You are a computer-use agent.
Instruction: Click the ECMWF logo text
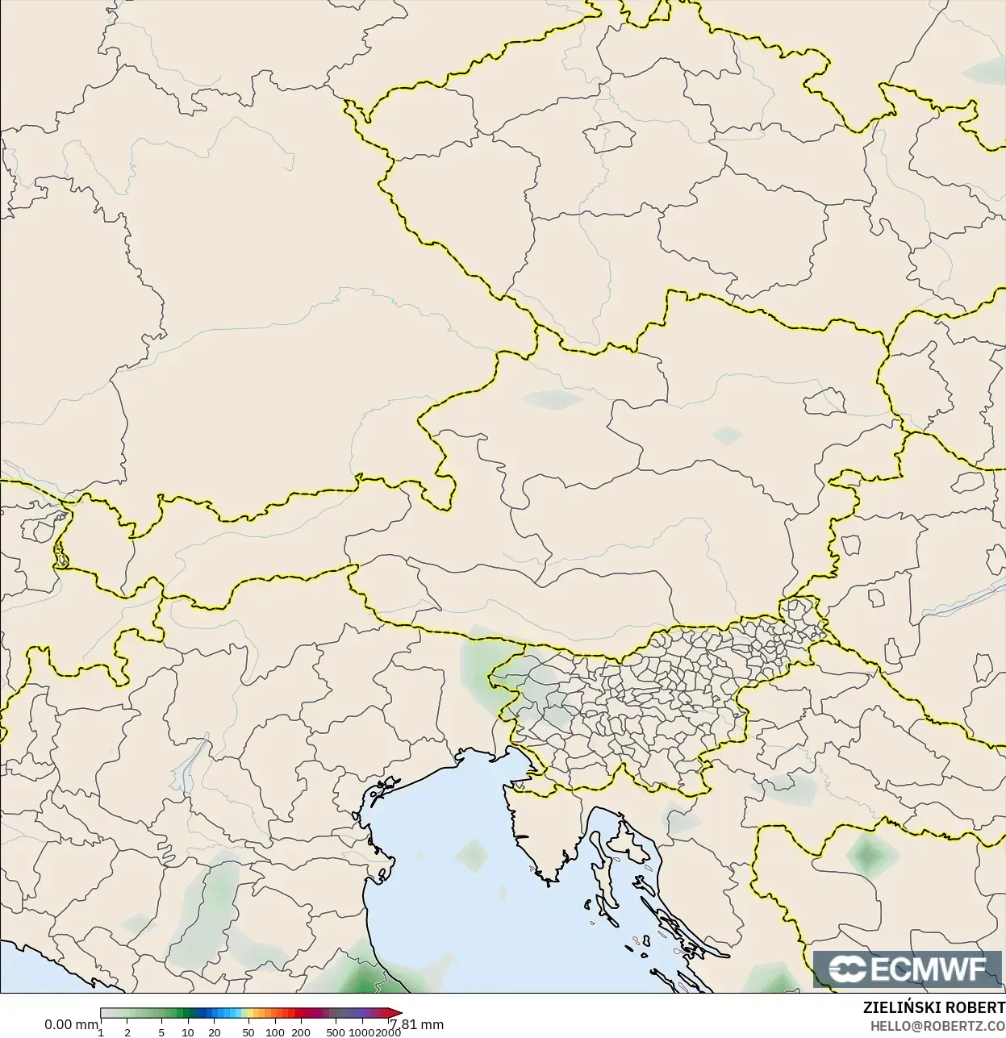pyautogui.click(x=929, y=969)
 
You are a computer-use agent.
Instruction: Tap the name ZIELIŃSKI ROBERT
pyautogui.click(x=933, y=1008)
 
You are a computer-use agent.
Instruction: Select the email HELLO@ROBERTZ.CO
pyautogui.click(x=937, y=1025)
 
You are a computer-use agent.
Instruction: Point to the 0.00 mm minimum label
pyautogui.click(x=71, y=1025)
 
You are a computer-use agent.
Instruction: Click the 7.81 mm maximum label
pyautogui.click(x=417, y=1025)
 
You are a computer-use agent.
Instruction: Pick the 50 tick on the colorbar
pyautogui.click(x=248, y=1032)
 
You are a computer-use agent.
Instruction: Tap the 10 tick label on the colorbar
pyautogui.click(x=187, y=1032)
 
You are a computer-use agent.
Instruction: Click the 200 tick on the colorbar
pyautogui.click(x=301, y=1032)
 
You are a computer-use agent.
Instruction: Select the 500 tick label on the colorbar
pyautogui.click(x=336, y=1032)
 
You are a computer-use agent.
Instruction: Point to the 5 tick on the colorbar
pyautogui.click(x=161, y=1032)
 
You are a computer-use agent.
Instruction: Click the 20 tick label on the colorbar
pyautogui.click(x=215, y=1032)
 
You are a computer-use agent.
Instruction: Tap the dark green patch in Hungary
pyautogui.click(x=868, y=854)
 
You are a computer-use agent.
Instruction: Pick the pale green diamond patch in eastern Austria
pyautogui.click(x=727, y=436)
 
